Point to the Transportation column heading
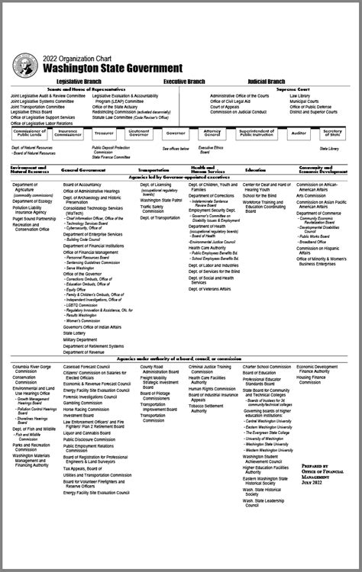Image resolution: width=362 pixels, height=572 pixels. click(154, 169)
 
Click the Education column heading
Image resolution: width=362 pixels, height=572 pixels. click(255, 169)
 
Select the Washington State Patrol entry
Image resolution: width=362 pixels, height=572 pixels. click(161, 200)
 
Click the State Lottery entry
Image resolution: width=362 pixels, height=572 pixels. click(74, 333)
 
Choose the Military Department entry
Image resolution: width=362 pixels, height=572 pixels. click(81, 339)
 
